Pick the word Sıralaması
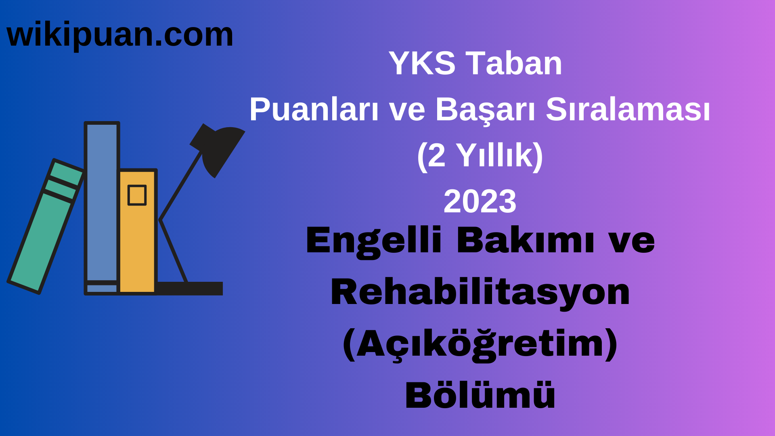[628, 110]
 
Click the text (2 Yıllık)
[480, 155]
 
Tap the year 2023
[480, 201]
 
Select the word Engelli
[374, 241]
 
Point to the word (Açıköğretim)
[480, 344]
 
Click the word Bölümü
[480, 396]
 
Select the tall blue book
[102, 202]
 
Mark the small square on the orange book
[137, 195]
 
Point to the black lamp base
[190, 288]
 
